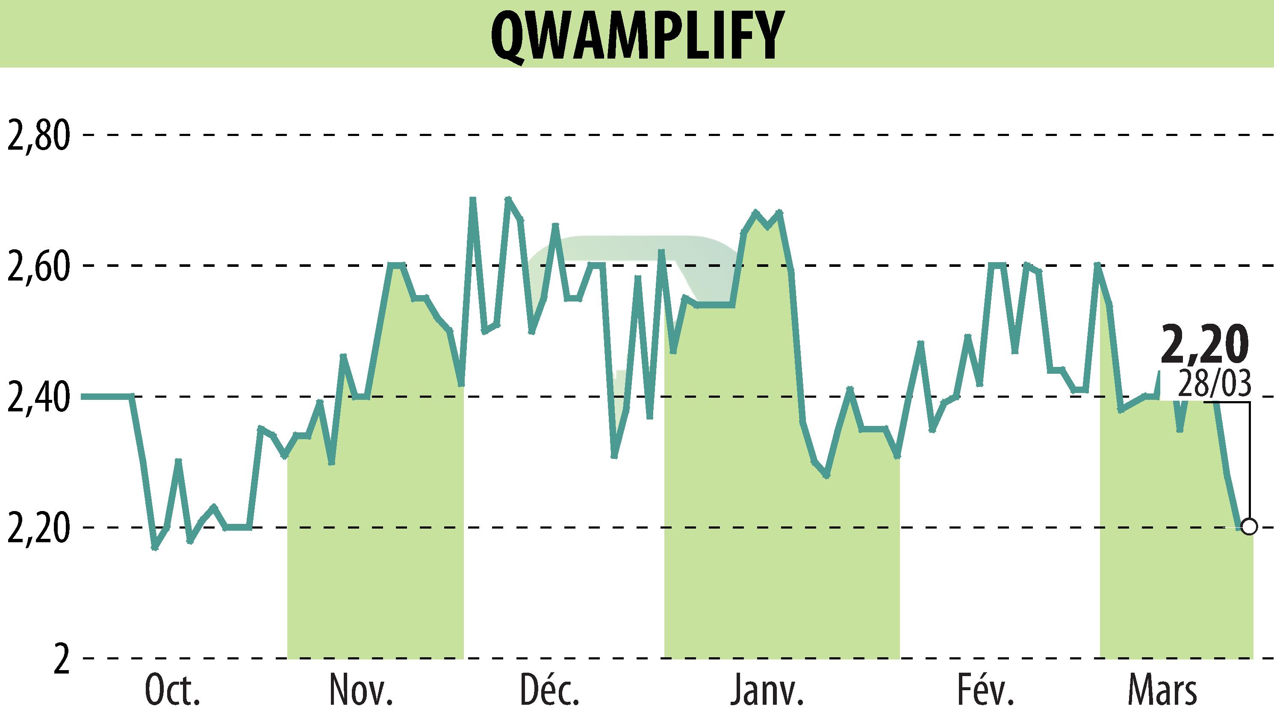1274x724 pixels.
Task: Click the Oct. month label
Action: coord(172,691)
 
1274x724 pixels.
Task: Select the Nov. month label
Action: coord(361,691)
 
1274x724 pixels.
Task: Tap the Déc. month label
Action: coord(550,691)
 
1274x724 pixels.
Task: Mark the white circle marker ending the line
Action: coord(1249,526)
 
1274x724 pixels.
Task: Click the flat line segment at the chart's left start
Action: coord(107,396)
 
